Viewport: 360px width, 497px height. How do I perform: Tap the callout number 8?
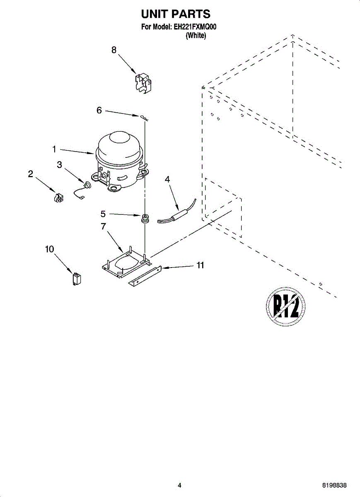pyautogui.click(x=114, y=50)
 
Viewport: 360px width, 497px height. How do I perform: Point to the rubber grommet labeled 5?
pyautogui.click(x=145, y=219)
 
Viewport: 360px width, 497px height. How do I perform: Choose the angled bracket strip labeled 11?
pyautogui.click(x=145, y=276)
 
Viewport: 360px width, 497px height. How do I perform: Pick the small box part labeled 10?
pyautogui.click(x=77, y=279)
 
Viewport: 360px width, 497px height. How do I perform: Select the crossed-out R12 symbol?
pyautogui.click(x=285, y=307)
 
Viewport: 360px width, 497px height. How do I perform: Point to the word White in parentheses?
pyautogui.click(x=196, y=36)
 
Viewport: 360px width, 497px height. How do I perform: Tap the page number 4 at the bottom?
pyautogui.click(x=179, y=485)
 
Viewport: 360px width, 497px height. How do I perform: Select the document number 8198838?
pyautogui.click(x=334, y=485)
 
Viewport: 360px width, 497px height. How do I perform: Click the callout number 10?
pyautogui.click(x=49, y=249)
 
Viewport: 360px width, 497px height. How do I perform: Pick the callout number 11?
pyautogui.click(x=200, y=265)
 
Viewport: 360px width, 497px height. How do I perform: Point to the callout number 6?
pyautogui.click(x=99, y=110)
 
